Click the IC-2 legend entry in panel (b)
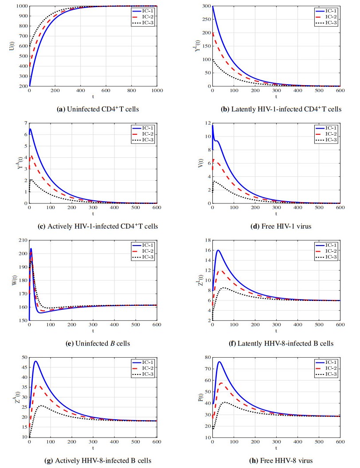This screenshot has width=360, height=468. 325,16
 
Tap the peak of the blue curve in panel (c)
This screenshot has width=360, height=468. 30,129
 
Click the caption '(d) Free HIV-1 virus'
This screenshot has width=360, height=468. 275,226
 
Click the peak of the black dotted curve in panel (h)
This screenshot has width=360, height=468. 225,402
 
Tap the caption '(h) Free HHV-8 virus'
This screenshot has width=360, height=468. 275,460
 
